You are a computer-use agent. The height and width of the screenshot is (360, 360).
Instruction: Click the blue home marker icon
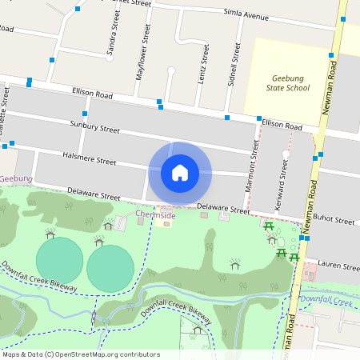[x=180, y=172]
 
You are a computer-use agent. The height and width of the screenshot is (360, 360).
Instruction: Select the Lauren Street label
[x=339, y=265]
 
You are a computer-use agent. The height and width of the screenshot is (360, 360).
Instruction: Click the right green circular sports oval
[x=110, y=268]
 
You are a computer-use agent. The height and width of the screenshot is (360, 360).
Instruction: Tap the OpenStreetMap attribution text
[x=81, y=354]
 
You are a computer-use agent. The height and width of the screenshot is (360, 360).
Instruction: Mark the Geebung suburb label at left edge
[x=15, y=178]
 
